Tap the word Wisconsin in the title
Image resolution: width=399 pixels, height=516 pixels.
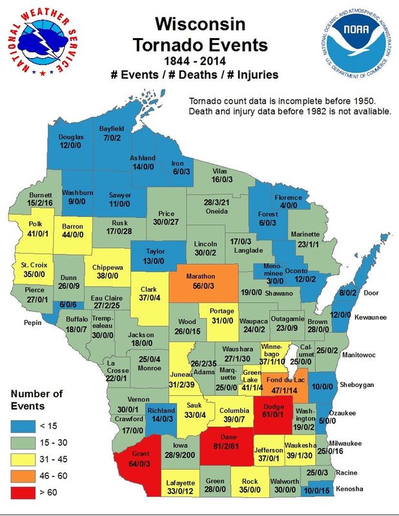[x=199, y=26]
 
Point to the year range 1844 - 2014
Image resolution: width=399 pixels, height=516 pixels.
[x=199, y=62]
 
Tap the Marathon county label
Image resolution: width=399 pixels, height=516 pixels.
[x=200, y=275]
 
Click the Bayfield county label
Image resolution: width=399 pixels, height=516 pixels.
[x=111, y=129]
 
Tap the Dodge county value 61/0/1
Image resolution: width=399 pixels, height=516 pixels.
[x=274, y=414]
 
